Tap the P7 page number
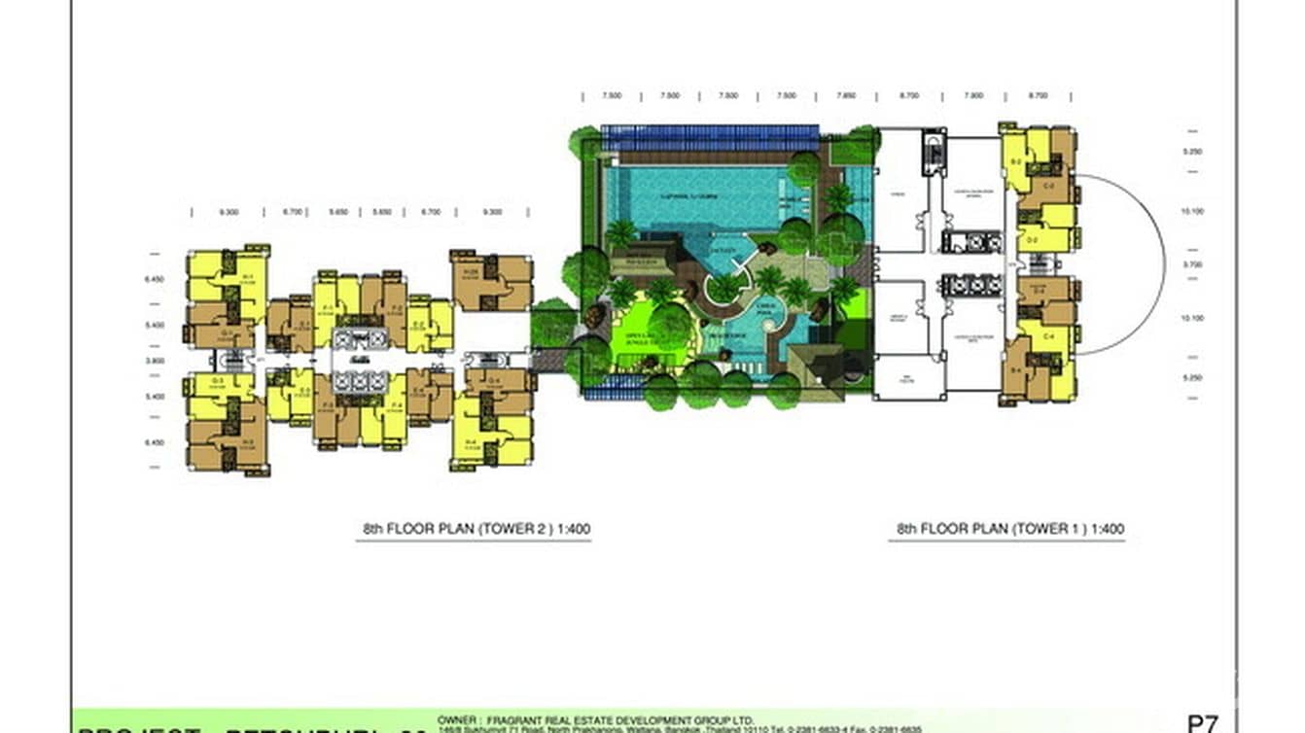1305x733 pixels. pyautogui.click(x=1202, y=723)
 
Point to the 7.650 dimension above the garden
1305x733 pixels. pyautogui.click(x=846, y=96)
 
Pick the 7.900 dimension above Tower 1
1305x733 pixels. pyautogui.click(x=973, y=96)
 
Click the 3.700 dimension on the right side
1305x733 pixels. pyautogui.click(x=1192, y=263)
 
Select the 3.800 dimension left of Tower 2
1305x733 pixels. pyautogui.click(x=155, y=361)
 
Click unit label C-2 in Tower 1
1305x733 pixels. pyautogui.click(x=1049, y=184)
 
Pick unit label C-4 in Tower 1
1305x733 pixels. pyautogui.click(x=1049, y=336)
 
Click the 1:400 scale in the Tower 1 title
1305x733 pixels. pyautogui.click(x=1107, y=530)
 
